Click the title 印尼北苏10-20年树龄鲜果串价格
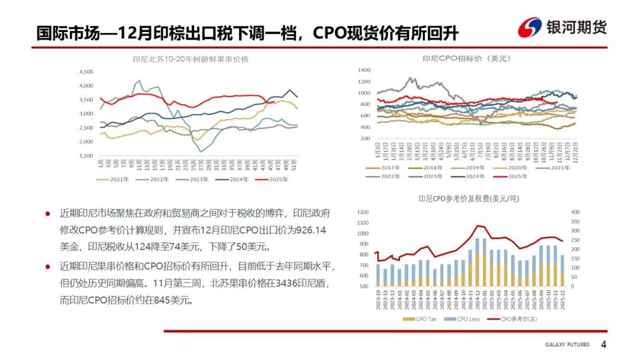coord(191,59)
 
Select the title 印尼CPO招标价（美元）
coord(467,59)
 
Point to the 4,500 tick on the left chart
coord(86,72)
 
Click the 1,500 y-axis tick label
coord(86,156)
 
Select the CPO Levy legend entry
coord(465,319)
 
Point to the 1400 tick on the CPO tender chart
coord(363,70)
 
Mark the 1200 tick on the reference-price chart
coord(363,211)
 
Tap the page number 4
coord(603,345)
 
